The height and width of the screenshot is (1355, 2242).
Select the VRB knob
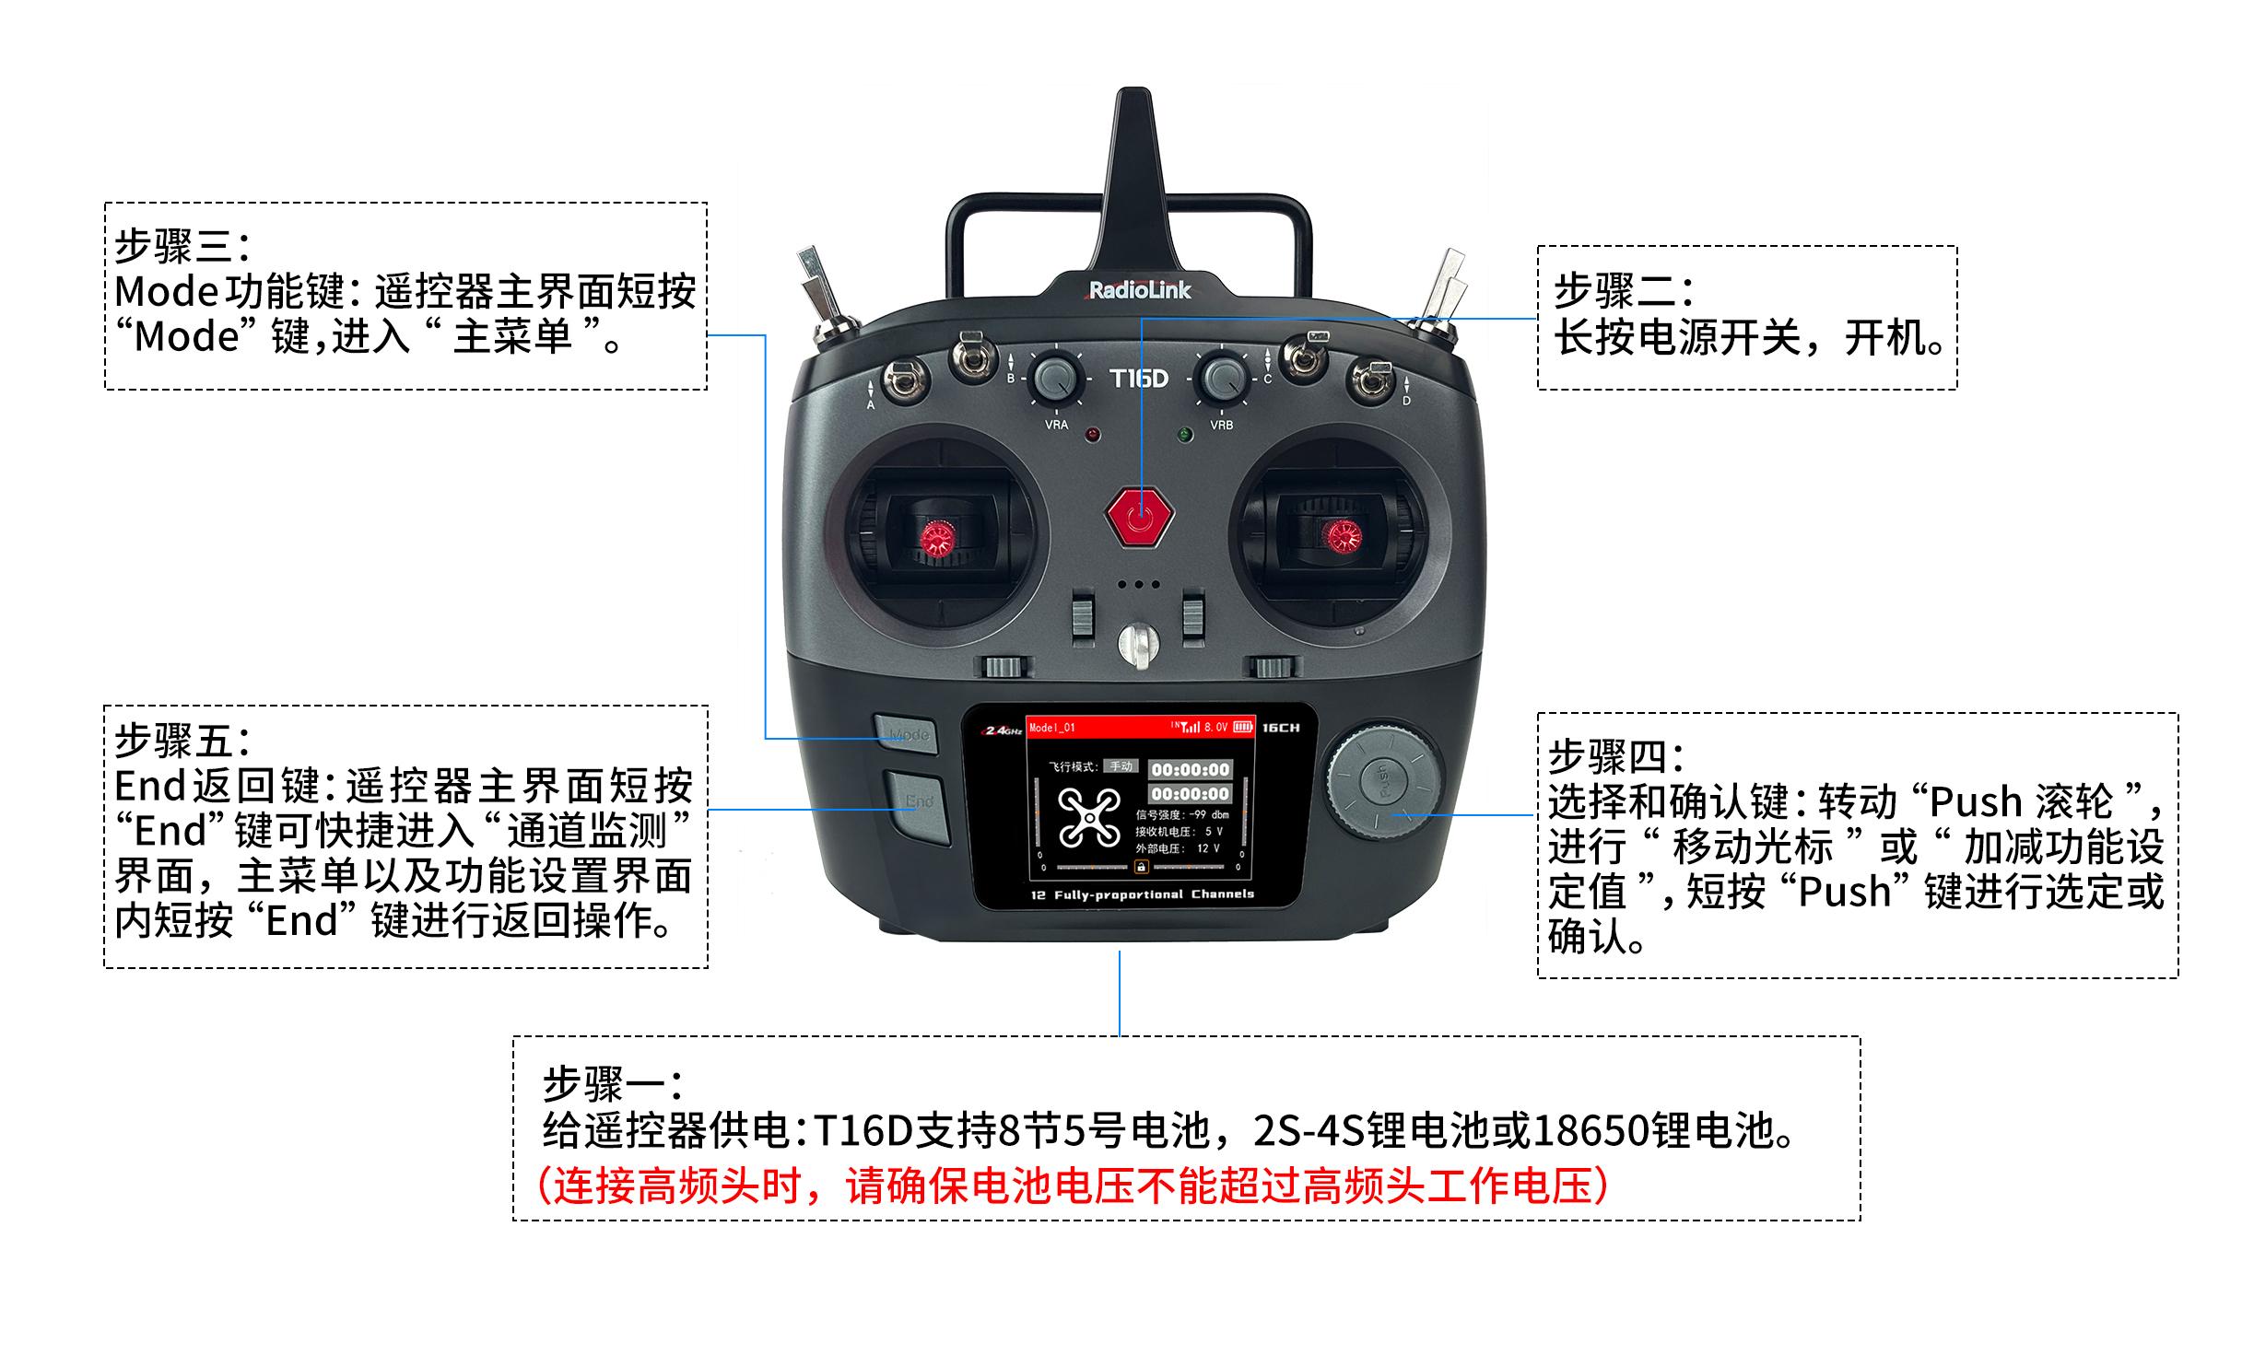pos(1222,377)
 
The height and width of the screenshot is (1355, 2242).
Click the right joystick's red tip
pos(1341,535)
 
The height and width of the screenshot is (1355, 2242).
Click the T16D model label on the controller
pos(1139,379)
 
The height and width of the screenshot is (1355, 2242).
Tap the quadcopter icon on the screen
pos(1077,817)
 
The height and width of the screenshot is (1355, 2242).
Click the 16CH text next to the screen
pos(1281,728)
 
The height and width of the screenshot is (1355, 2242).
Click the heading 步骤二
pos(1624,291)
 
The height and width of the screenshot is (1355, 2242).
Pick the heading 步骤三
pos(182,246)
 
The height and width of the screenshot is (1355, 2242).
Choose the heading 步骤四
pos(1615,757)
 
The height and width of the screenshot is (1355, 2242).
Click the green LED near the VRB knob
pos(1185,434)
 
